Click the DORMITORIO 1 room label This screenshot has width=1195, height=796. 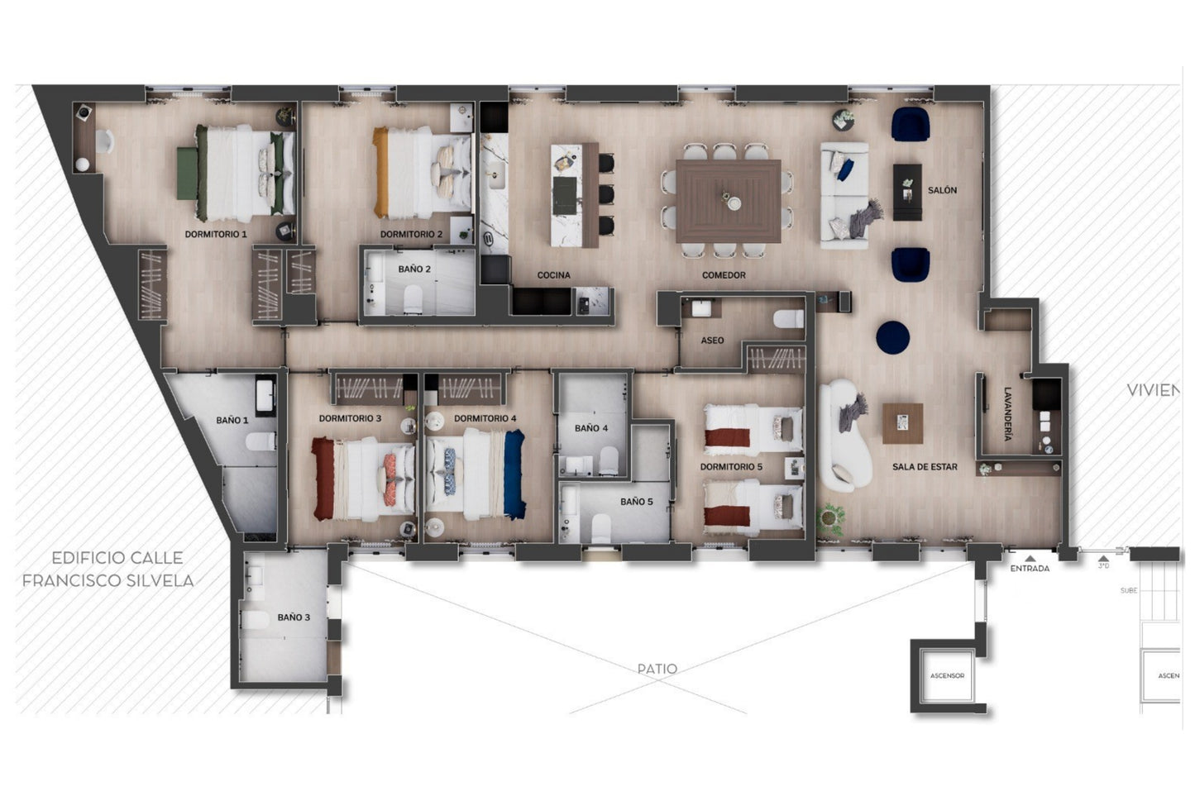tap(216, 235)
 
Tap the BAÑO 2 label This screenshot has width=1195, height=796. tap(414, 269)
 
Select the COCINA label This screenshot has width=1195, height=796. tap(553, 275)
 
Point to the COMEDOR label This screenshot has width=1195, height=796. tap(724, 275)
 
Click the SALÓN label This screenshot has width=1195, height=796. tap(942, 191)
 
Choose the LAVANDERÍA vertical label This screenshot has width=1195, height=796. tap(1007, 414)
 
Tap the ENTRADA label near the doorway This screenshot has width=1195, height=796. tap(1030, 569)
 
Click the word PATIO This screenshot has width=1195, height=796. tap(657, 669)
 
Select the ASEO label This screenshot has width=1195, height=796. tap(712, 341)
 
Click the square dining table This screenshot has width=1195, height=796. tap(729, 201)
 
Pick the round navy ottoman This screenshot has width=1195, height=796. tap(893, 336)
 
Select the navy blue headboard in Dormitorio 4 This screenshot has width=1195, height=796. tap(514, 475)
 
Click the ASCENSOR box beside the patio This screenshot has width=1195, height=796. tap(948, 676)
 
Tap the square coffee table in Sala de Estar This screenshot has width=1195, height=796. tap(902, 424)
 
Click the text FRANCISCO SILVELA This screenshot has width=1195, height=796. tap(108, 581)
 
